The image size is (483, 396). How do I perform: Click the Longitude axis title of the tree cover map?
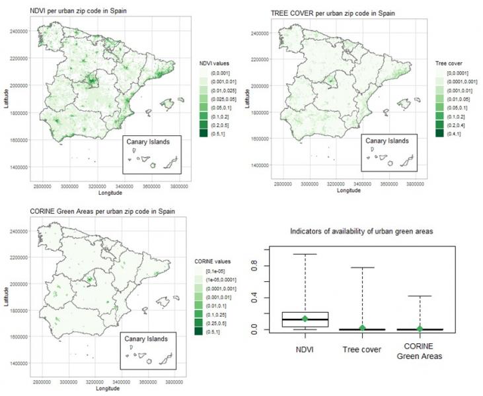tap(349, 191)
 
